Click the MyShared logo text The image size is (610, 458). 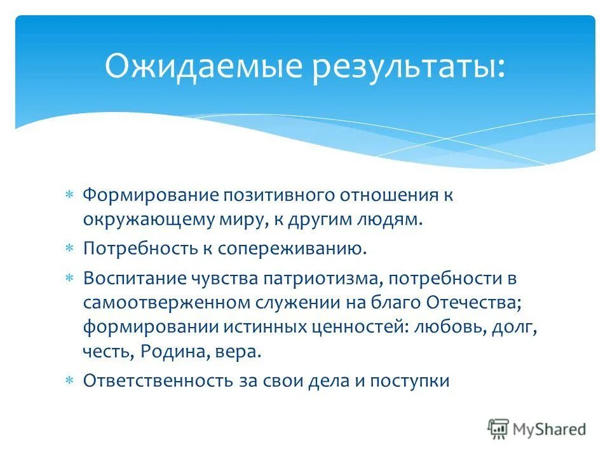click(x=549, y=429)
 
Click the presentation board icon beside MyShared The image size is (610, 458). click(x=499, y=429)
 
